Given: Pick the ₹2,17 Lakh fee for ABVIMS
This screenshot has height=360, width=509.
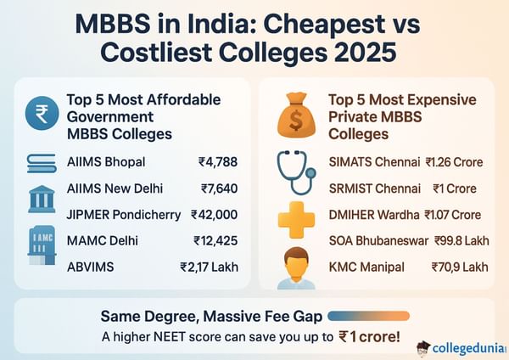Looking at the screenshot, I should click(x=208, y=267).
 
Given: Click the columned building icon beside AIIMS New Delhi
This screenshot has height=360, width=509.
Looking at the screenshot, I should click(x=42, y=200).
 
